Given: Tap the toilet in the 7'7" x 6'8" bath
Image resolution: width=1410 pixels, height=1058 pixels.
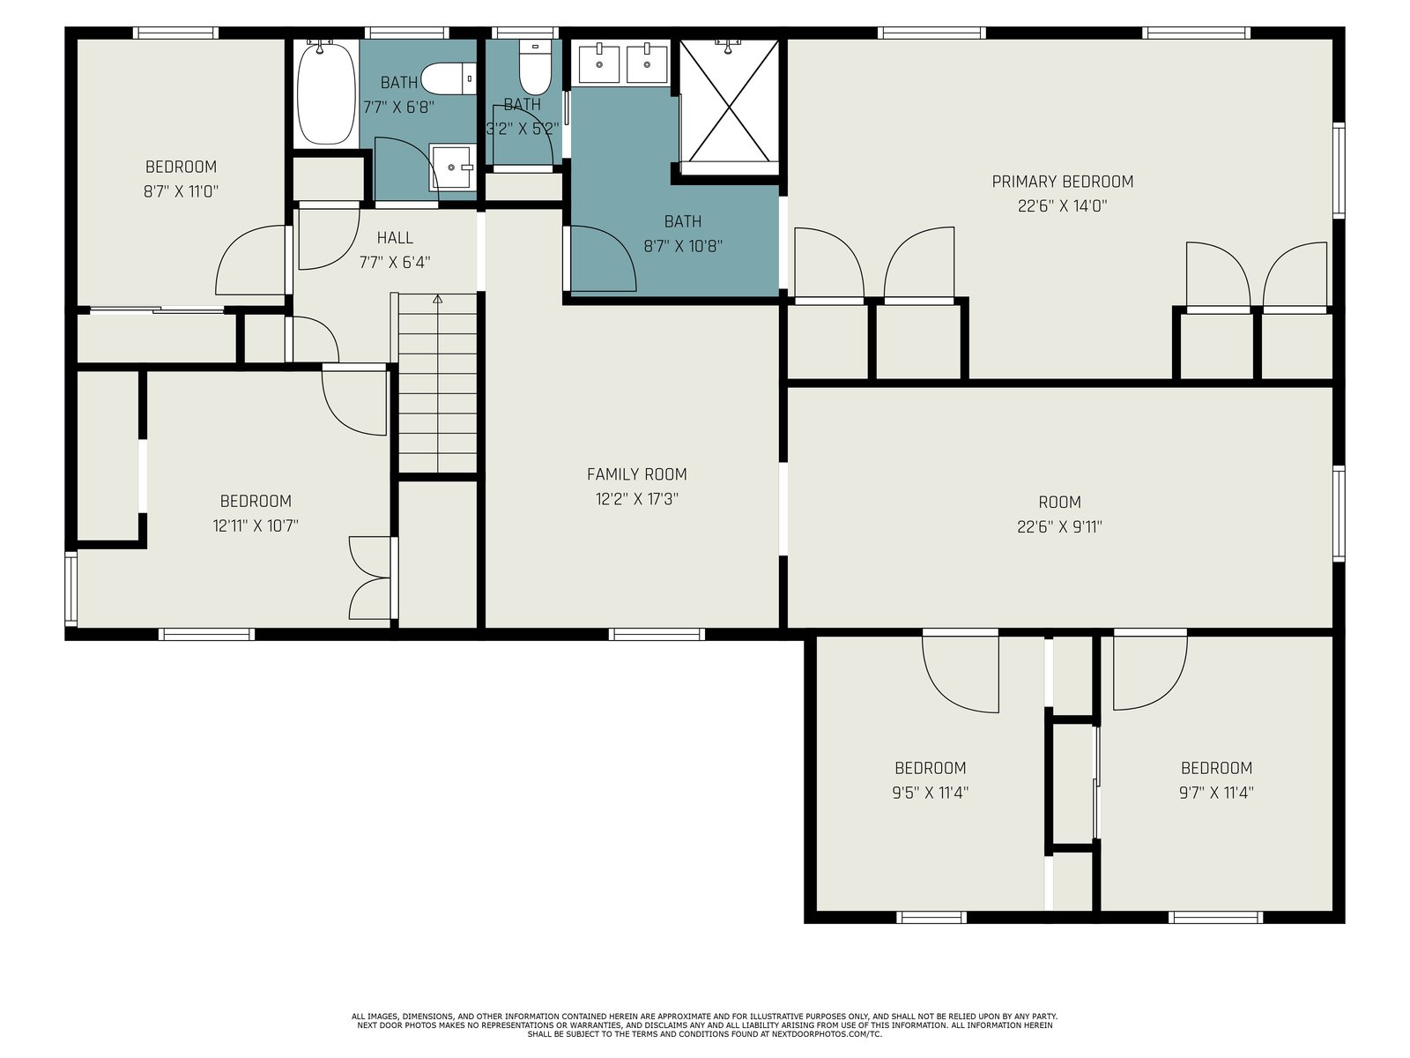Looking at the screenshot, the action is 449,79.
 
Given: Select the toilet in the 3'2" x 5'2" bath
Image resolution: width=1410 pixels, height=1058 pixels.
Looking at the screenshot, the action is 534,68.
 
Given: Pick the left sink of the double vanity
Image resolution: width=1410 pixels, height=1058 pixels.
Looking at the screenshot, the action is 598,63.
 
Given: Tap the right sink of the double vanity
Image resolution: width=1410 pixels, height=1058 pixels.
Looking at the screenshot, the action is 647,63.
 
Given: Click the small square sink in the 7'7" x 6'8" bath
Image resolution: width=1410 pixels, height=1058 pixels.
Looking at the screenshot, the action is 453,167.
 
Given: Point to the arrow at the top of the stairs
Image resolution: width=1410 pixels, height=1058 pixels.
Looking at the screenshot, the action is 437,299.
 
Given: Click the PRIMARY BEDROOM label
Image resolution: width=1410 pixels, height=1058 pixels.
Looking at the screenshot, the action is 1063,182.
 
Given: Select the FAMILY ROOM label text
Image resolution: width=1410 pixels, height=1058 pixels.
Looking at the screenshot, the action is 636,474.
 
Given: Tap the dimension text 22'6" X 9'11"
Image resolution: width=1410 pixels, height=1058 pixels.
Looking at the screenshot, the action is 1059,526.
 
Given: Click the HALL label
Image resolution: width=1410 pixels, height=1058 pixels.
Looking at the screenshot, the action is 395,238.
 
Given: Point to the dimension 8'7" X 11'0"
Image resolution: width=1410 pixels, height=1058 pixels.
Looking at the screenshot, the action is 181,191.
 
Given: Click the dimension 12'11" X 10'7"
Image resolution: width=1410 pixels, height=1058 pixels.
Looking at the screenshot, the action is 256,526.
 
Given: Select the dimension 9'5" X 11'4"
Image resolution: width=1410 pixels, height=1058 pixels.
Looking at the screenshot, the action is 930,793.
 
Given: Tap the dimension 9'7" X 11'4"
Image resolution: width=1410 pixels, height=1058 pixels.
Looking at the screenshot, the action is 1216,793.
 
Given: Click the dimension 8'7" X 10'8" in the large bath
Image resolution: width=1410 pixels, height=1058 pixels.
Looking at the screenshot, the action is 683,246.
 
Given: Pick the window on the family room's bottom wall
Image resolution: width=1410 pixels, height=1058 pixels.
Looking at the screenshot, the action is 657,635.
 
